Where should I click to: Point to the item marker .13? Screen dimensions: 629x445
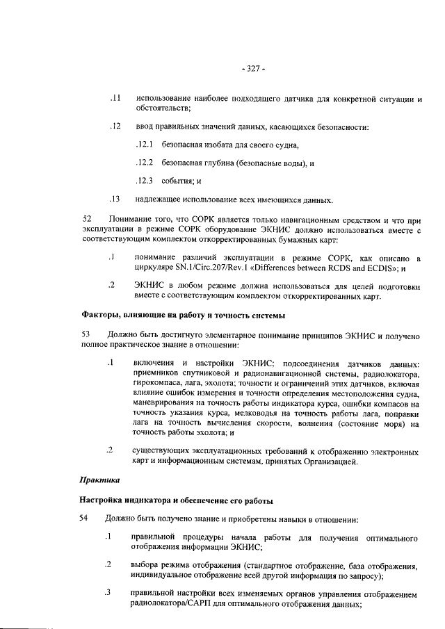click(x=116, y=199)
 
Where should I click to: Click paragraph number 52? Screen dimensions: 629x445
click(x=88, y=220)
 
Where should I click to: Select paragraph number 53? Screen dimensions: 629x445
click(x=88, y=336)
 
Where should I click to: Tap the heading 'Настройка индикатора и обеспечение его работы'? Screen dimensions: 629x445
click(x=177, y=500)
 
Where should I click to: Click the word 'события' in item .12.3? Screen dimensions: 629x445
click(x=177, y=181)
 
